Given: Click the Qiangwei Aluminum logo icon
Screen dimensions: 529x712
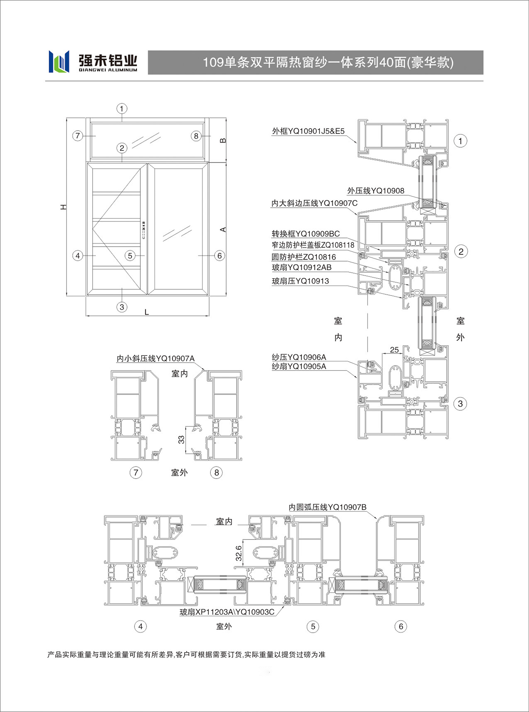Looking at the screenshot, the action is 59,61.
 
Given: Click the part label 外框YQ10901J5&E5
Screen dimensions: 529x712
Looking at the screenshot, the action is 308,131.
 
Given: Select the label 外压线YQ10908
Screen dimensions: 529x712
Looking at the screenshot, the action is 375,190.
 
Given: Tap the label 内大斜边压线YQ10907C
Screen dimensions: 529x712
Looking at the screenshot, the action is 314,203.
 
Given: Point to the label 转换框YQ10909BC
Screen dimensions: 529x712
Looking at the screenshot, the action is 306,234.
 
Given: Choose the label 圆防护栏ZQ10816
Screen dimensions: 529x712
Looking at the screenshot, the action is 304,257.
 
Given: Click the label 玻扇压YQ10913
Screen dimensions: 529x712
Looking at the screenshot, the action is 300,281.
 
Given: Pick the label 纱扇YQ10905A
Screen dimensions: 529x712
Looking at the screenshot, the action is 299,366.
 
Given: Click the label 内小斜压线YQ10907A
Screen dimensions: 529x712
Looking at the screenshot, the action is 155,358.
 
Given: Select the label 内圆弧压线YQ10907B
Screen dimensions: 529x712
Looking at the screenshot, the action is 327,507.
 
